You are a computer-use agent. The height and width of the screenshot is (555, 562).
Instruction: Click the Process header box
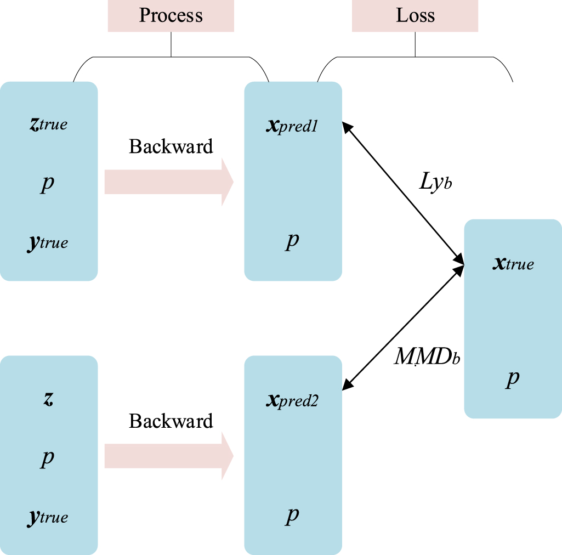coord(171,15)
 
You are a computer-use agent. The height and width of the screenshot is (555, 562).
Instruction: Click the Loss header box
coord(415,15)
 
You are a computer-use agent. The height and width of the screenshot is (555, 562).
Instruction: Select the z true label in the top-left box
coord(48,123)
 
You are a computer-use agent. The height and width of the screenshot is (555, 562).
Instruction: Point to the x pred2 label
coord(292,401)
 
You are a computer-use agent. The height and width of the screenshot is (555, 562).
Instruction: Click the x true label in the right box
coord(513,264)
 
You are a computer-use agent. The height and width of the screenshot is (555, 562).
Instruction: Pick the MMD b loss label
coord(427,358)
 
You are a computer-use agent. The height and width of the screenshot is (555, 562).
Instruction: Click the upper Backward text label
coord(171,146)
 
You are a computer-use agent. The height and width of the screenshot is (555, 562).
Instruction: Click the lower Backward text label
coord(171,421)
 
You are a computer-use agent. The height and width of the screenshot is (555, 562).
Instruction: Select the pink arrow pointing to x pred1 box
coord(169,182)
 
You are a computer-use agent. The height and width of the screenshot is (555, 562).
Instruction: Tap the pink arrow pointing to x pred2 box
coord(169,456)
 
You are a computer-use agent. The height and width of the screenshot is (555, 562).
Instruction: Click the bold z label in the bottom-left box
coord(48,398)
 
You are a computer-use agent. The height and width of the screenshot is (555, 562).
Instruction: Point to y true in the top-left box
coord(48,242)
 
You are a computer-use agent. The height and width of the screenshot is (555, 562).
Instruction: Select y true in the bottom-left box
coord(48,517)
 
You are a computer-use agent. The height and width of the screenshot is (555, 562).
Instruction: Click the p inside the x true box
coord(512,379)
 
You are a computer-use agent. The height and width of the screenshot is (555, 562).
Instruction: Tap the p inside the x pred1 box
coord(292,241)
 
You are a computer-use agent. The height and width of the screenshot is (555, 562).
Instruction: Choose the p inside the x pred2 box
coord(292,515)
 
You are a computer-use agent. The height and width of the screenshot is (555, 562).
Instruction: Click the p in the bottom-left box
coord(48,458)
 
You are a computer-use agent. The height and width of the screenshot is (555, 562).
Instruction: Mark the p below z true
coord(48,184)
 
